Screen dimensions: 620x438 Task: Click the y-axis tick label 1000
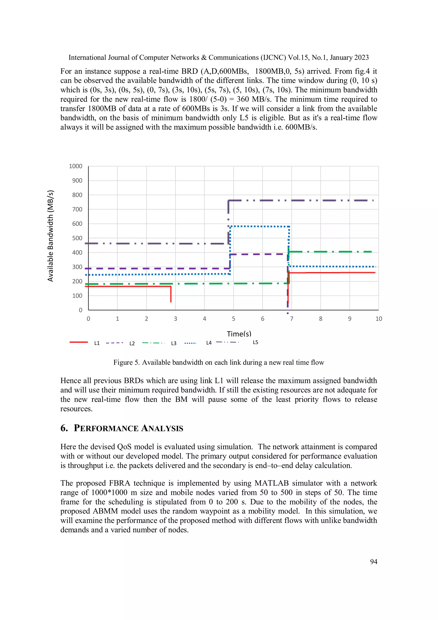[x=75, y=166]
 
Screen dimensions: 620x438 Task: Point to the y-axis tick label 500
[x=77, y=238]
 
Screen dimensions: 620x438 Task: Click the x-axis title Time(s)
[x=239, y=334]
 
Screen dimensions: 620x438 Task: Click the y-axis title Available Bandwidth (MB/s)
[x=50, y=236]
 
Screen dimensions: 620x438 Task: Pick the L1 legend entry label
[x=97, y=343]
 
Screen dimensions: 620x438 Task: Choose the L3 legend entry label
[x=174, y=343]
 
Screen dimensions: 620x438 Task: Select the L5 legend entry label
[x=255, y=342]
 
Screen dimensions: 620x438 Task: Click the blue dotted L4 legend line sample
[x=190, y=343]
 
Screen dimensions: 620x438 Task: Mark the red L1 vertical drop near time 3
[x=171, y=294]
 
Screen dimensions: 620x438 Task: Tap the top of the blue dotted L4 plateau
[x=259, y=226]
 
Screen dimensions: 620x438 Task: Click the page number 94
[x=374, y=562]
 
